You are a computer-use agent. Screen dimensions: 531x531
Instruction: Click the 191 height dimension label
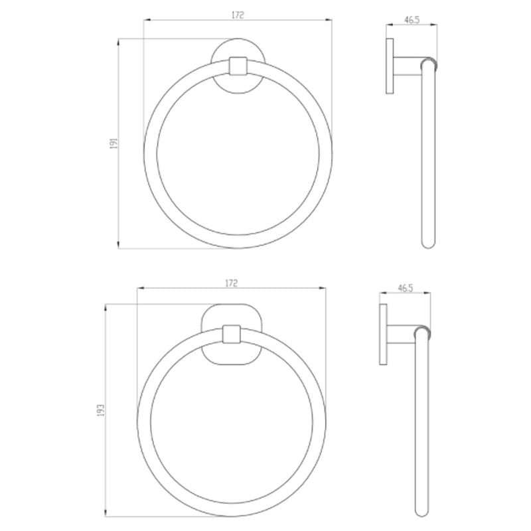(114, 143)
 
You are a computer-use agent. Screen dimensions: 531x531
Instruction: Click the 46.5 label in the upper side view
(412, 20)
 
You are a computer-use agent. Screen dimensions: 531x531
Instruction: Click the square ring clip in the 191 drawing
(237, 66)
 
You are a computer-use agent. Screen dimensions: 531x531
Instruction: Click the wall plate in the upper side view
(390, 66)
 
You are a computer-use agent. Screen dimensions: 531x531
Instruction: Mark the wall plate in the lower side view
(383, 334)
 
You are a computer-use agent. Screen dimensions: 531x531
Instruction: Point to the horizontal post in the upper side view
(406, 66)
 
